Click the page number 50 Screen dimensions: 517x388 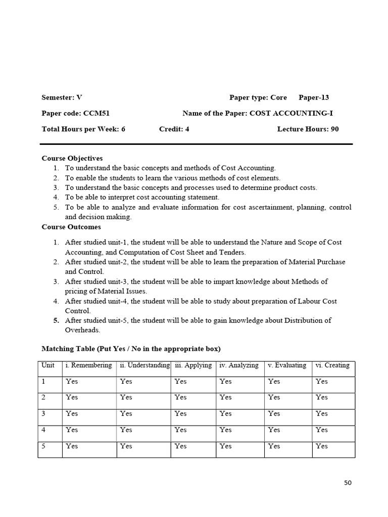[x=347, y=483]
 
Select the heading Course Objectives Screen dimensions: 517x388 [x=72, y=158]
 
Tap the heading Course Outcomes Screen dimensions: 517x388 [x=71, y=227]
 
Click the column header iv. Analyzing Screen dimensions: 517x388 [x=239, y=365]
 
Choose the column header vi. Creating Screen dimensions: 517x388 [x=332, y=365]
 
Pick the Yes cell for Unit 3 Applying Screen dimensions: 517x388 [x=180, y=413]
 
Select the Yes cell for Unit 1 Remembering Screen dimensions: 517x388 [x=72, y=381]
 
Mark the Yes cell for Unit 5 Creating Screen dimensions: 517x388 [x=321, y=446]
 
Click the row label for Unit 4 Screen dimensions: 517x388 [x=44, y=430]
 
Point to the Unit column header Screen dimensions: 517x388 [x=48, y=365]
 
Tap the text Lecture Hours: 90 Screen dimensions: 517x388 [x=308, y=129]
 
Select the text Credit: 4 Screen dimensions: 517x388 [x=174, y=129]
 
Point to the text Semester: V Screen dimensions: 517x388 [x=62, y=97]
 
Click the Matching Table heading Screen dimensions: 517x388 [x=131, y=349]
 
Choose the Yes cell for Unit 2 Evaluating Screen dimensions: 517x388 [x=274, y=397]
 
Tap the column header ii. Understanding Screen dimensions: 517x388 [x=144, y=365]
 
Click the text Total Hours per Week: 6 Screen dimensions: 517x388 [x=83, y=129]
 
